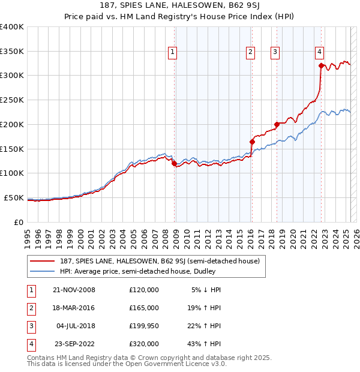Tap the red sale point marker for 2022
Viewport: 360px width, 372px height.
pos(322,65)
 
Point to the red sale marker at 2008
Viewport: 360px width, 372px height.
pos(175,163)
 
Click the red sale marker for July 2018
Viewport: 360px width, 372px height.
pos(277,124)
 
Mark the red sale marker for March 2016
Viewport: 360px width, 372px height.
pos(252,142)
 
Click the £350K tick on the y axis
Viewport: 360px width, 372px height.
pos(11,51)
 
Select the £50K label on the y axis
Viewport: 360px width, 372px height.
pos(13,197)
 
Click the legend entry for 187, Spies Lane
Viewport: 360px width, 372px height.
pos(159,261)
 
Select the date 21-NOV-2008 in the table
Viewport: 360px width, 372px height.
pos(74,290)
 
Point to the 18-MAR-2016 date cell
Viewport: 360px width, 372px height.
pos(74,308)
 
